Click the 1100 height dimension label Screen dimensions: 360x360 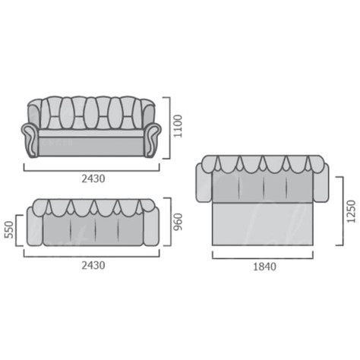178,126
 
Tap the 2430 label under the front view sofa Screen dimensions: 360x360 93,178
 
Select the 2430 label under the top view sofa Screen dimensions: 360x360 93,265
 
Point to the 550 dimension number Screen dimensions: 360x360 9,229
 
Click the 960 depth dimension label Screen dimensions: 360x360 178,222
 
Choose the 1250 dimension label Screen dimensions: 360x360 352,211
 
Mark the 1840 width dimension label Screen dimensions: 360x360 265,267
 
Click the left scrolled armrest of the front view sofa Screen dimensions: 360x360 30,140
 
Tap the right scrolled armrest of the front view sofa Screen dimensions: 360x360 153,140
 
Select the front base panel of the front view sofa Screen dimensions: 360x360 91,147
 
